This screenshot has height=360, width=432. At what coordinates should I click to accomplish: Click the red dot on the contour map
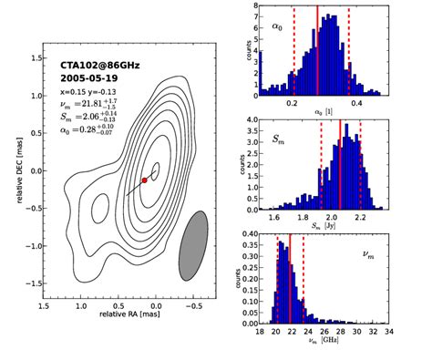[144, 180]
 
